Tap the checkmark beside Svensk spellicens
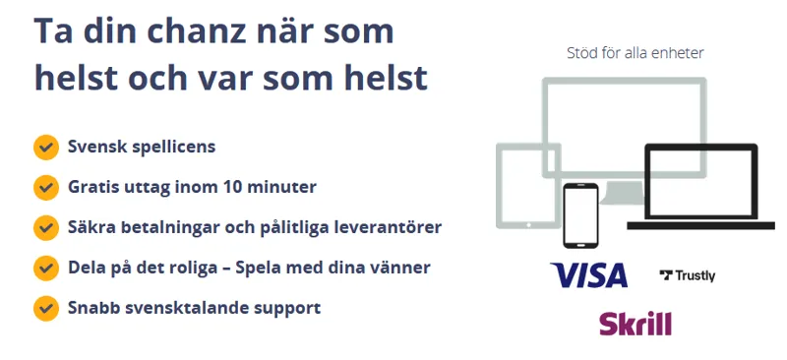coord(45,148)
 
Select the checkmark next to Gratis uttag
coord(45,187)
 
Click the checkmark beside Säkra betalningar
coord(45,227)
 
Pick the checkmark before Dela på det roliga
coord(45,268)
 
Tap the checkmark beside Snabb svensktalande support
coord(45,308)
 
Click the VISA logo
coord(588,275)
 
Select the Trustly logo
coord(688,276)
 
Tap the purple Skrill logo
coord(636,323)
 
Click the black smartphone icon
coord(580,215)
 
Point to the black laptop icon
coord(699,184)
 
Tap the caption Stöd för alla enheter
coord(635,53)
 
